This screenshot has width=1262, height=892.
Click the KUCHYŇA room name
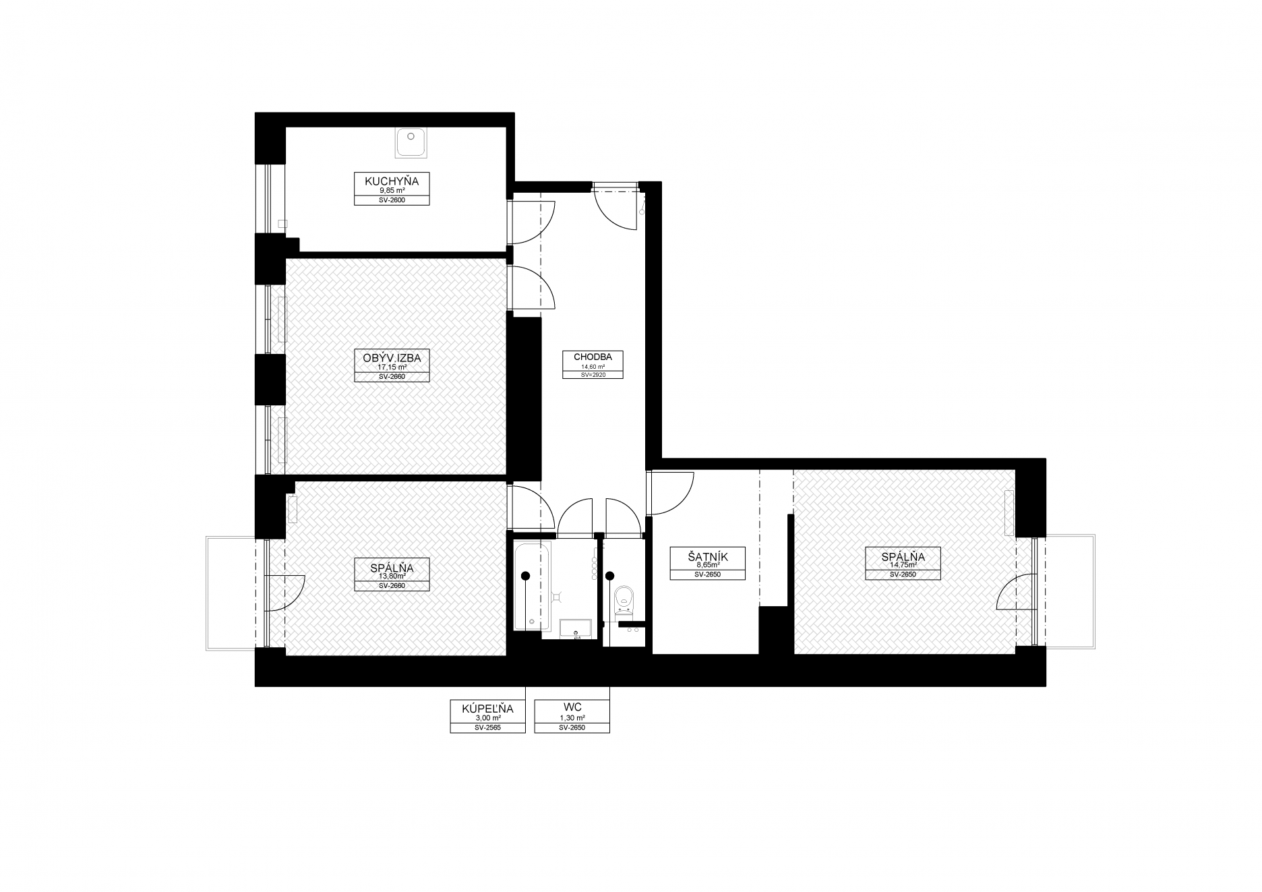tap(392, 181)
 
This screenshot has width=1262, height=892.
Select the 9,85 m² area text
tap(392, 191)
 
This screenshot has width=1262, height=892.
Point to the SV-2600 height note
tap(392, 200)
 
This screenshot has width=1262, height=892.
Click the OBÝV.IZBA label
tap(392, 358)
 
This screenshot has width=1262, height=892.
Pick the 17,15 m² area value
tap(392, 367)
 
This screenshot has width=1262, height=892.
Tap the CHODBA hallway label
tap(593, 357)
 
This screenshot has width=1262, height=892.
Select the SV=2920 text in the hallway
tap(593, 374)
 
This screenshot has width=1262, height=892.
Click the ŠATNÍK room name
tap(708, 558)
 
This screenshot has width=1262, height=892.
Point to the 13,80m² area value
tap(392, 576)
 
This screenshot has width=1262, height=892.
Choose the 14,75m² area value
tap(903, 565)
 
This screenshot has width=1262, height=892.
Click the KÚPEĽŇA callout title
tap(487, 709)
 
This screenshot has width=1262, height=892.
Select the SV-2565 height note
tap(487, 728)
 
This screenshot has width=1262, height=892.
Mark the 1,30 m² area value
tap(572, 719)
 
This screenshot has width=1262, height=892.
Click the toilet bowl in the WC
tap(624, 599)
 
